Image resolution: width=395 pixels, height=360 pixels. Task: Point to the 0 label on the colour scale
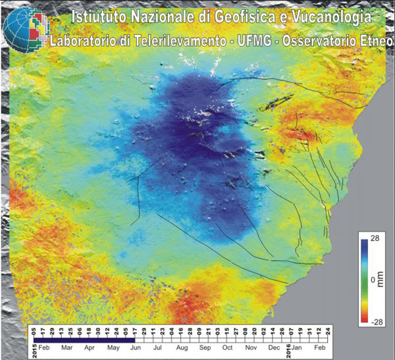(373, 280)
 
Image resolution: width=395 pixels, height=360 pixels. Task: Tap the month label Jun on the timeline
(136, 346)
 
